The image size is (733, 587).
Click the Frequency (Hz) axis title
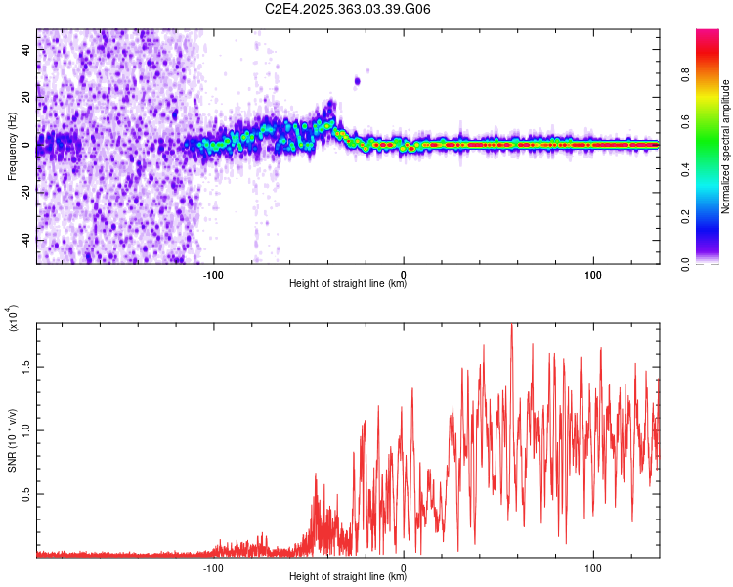(12, 146)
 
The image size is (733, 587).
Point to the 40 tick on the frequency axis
(26, 52)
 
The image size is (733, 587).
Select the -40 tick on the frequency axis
(26, 240)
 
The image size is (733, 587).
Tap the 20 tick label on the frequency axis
(26, 99)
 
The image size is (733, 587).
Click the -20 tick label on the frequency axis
(26, 193)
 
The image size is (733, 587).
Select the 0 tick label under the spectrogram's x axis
(404, 273)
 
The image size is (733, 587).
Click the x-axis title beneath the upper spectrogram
(348, 284)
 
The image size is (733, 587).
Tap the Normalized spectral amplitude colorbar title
(725, 146)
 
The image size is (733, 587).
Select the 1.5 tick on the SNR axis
(26, 366)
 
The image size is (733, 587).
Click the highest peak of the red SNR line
(511, 326)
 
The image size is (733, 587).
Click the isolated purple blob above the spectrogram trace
(358, 81)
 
